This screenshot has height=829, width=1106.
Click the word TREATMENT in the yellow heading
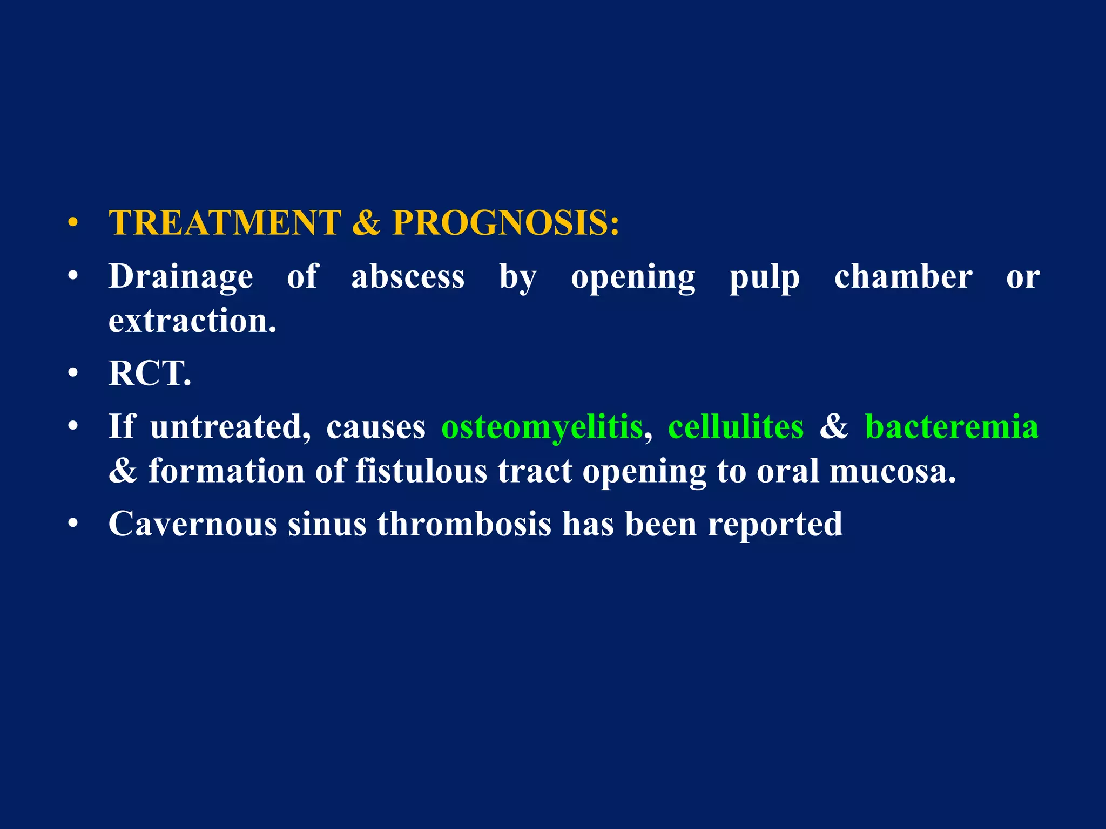pyautogui.click(x=225, y=222)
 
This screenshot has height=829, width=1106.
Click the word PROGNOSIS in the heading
pyautogui.click(x=505, y=222)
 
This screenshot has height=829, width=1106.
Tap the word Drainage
pyautogui.click(x=180, y=277)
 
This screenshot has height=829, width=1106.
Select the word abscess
pyautogui.click(x=408, y=277)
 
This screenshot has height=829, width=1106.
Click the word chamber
pyautogui.click(x=903, y=277)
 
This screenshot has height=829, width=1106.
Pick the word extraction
pyautogui.click(x=192, y=321)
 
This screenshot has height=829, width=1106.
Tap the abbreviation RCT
pyautogui.click(x=150, y=373)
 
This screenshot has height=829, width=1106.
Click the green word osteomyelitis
pyautogui.click(x=542, y=427)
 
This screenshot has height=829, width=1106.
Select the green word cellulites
pyautogui.click(x=736, y=426)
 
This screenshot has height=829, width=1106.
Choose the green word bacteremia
pyautogui.click(x=952, y=426)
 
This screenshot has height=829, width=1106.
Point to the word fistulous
pyautogui.click(x=421, y=471)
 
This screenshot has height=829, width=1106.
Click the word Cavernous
pyautogui.click(x=192, y=524)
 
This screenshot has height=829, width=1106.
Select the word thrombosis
pyautogui.click(x=464, y=524)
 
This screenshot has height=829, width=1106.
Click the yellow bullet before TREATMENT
pyautogui.click(x=73, y=223)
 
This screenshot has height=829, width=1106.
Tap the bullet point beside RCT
pyautogui.click(x=73, y=373)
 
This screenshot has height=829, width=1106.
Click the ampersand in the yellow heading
pyautogui.click(x=366, y=222)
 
